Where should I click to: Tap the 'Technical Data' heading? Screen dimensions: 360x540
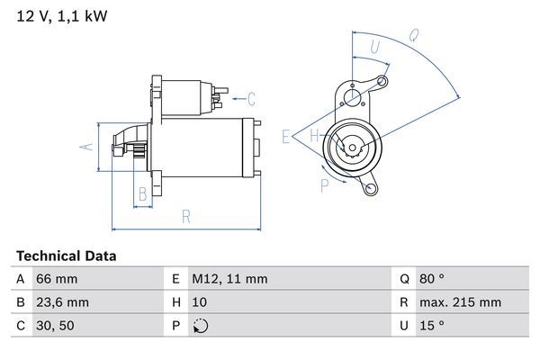click(x=66, y=256)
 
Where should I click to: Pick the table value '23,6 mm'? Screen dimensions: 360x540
click(x=62, y=302)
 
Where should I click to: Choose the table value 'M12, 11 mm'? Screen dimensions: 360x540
click(x=229, y=280)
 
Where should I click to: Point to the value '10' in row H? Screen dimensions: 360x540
click(x=200, y=302)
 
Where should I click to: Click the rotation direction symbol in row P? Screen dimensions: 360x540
click(x=200, y=326)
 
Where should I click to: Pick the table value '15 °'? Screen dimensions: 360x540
click(x=434, y=326)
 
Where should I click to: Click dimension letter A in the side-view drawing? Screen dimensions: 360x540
click(x=87, y=146)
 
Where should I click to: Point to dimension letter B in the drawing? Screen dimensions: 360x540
click(x=141, y=193)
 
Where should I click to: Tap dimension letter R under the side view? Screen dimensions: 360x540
click(x=186, y=216)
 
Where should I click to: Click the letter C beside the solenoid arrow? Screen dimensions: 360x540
click(x=251, y=99)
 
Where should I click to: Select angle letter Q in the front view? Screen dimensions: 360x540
click(x=413, y=36)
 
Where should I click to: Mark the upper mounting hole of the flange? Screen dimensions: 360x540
click(x=382, y=84)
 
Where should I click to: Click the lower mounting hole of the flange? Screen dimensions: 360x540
click(x=369, y=187)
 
